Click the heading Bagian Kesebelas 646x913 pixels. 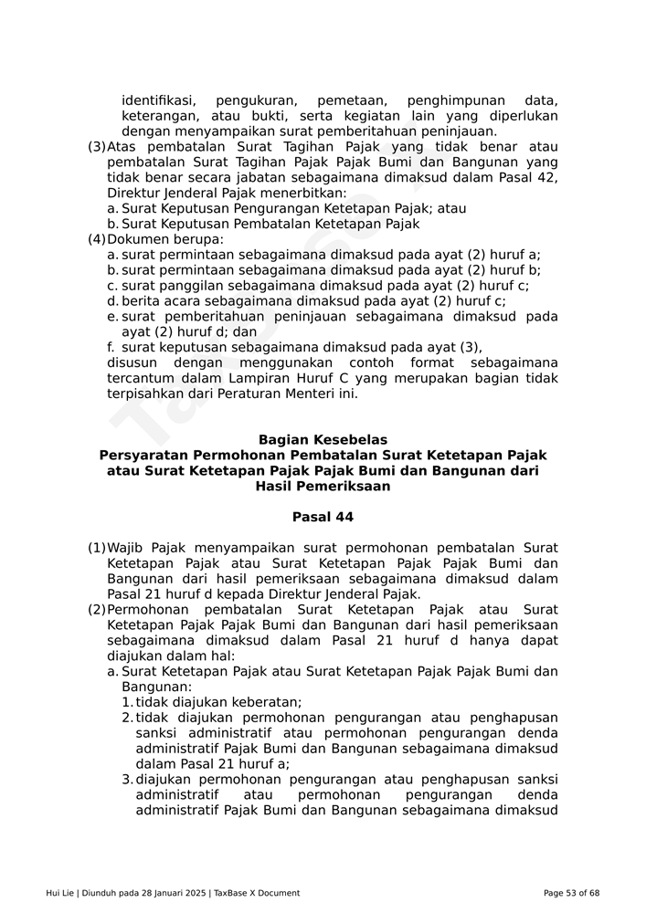pos(323,440)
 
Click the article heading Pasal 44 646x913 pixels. pos(323,518)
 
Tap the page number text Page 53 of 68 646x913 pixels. pos(571,893)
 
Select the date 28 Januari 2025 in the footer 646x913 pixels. pos(173,893)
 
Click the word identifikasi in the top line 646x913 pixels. pos(158,100)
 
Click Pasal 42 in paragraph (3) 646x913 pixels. pos(529,178)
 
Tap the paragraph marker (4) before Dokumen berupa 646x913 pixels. pos(96,240)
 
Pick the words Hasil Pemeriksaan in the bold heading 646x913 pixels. pos(323,487)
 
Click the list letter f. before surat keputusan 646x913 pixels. pos(111,348)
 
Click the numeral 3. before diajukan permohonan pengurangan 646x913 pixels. pos(127,781)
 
